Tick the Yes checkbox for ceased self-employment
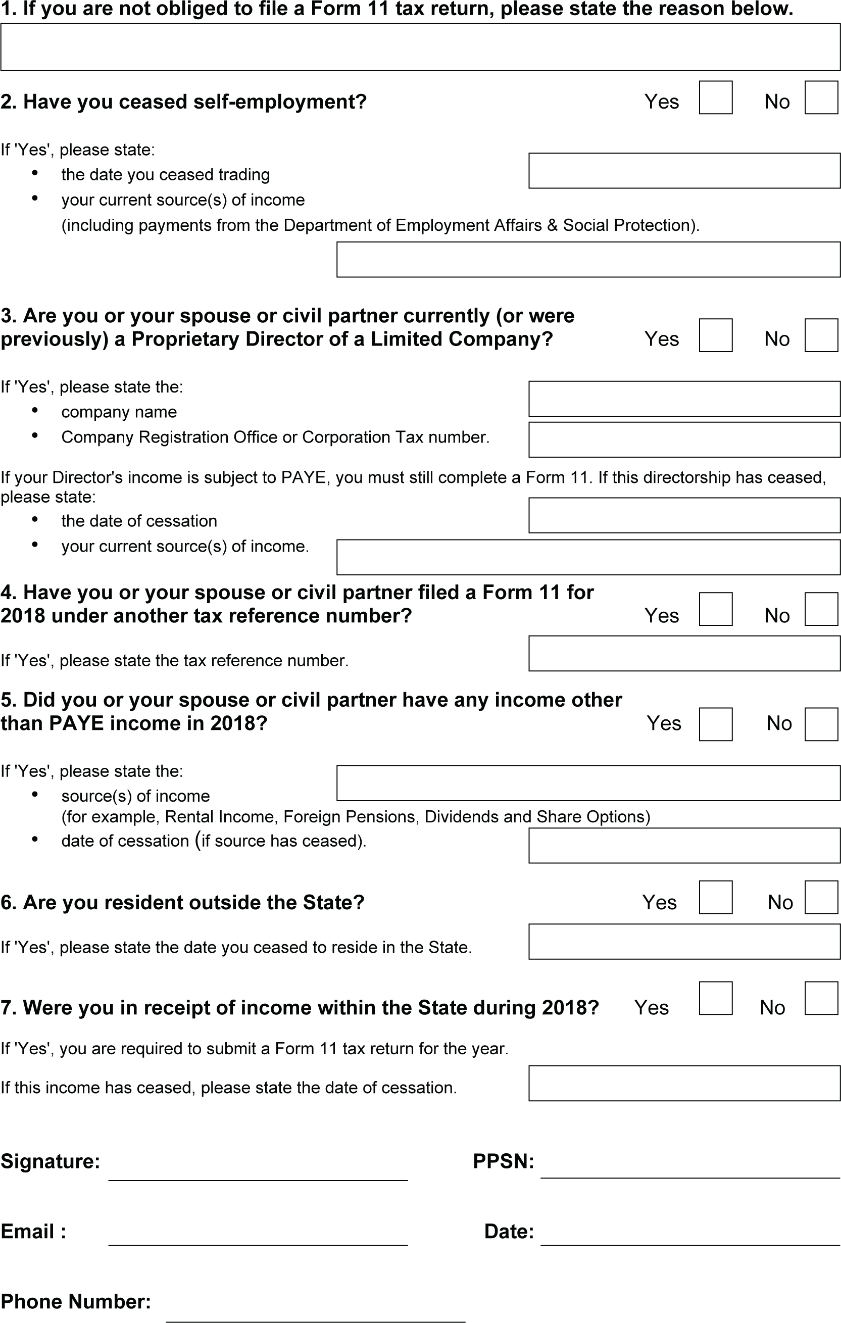[x=715, y=98]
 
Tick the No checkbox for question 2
[x=821, y=98]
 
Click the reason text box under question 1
[x=420, y=47]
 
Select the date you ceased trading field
[x=684, y=171]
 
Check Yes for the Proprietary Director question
[x=715, y=335]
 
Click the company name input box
[x=684, y=399]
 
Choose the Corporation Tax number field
[x=684, y=439]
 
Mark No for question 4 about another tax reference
[x=821, y=609]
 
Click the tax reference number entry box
[x=684, y=653]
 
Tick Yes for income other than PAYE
[x=715, y=724]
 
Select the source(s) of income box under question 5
[x=588, y=783]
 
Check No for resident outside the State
[x=821, y=897]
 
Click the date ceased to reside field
[x=684, y=942]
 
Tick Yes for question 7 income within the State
[x=715, y=998]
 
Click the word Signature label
[x=50, y=1161]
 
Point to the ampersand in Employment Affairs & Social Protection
[x=552, y=225]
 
